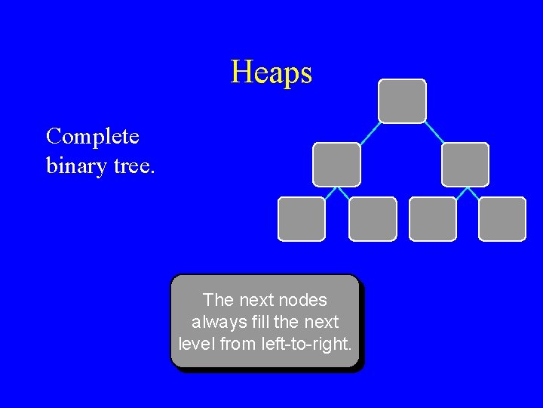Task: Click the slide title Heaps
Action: (x=271, y=73)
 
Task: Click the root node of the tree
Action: (x=402, y=100)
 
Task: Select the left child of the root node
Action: (x=336, y=164)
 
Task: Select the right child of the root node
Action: (x=465, y=164)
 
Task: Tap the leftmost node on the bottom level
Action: (x=302, y=219)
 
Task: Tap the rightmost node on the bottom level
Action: (x=502, y=219)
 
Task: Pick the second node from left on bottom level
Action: (x=373, y=219)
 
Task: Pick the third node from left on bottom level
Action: (x=433, y=219)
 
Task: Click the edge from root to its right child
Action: (x=434, y=133)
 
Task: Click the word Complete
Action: (x=93, y=137)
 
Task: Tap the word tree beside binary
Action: (x=133, y=165)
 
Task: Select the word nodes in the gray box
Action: (x=303, y=300)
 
